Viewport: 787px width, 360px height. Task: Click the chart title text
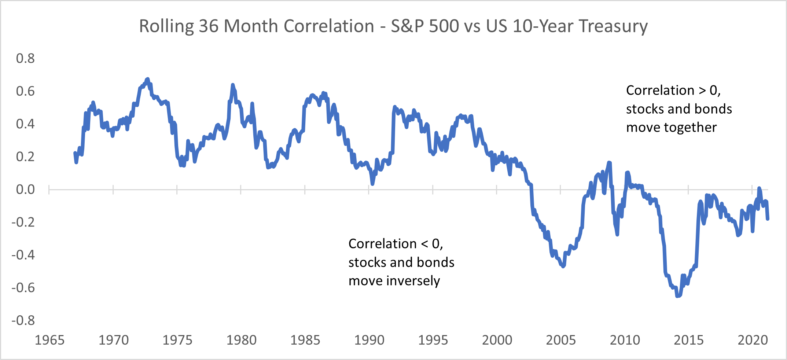pyautogui.click(x=393, y=26)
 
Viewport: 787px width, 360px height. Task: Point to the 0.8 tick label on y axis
pyautogui.click(x=25, y=58)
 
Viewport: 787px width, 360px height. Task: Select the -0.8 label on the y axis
pyautogui.click(x=23, y=320)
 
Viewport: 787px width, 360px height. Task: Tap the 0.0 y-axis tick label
pyautogui.click(x=25, y=190)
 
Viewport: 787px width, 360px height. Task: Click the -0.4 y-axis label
pyautogui.click(x=23, y=255)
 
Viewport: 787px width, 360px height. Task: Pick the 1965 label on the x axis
pyautogui.click(x=49, y=340)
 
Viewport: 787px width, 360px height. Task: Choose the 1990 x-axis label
pyautogui.click(x=369, y=340)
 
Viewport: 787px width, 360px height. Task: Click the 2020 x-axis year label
pyautogui.click(x=753, y=340)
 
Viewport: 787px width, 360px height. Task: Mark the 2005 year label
pyautogui.click(x=561, y=340)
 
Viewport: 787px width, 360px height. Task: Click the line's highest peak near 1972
pyautogui.click(x=147, y=79)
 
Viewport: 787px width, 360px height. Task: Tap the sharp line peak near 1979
pyautogui.click(x=232, y=85)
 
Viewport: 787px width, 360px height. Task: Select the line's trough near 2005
pyautogui.click(x=563, y=267)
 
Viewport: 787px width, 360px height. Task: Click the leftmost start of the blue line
pyautogui.click(x=75, y=153)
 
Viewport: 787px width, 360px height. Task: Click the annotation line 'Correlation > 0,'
pyautogui.click(x=673, y=90)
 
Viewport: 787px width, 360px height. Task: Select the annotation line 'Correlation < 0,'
pyautogui.click(x=396, y=244)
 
